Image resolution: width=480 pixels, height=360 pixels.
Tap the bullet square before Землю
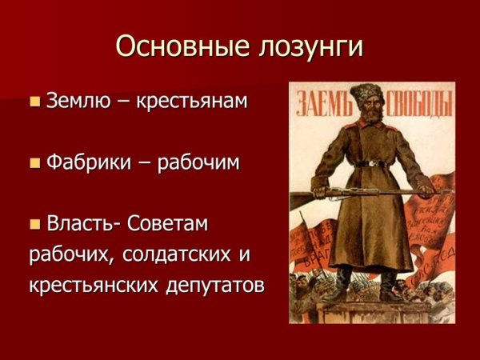(x=34, y=102)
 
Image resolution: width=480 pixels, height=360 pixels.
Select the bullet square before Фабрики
(x=34, y=163)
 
